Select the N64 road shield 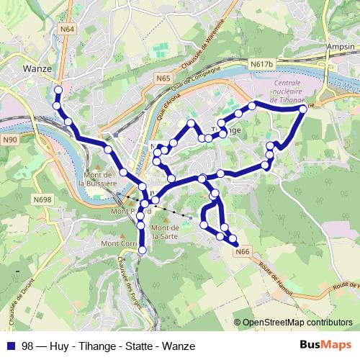tap(68, 29)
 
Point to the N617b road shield tap(264, 65)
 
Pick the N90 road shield tap(10, 139)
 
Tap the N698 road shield tap(42, 199)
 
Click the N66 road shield tap(243, 251)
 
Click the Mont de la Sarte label tap(165, 232)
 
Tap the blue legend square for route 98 tap(12, 346)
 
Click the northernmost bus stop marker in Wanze tap(58, 90)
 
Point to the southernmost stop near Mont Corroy tap(141, 250)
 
